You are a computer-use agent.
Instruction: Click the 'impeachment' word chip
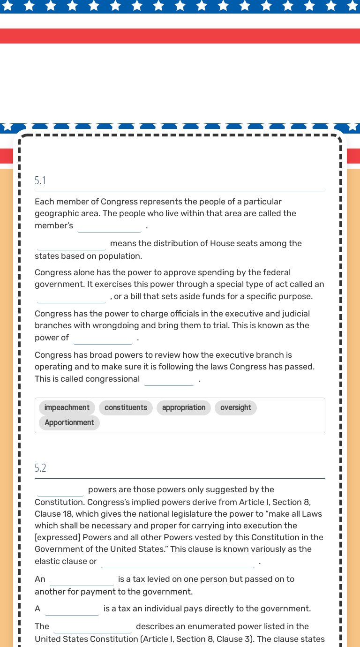[x=67, y=408]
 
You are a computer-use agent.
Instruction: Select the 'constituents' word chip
[x=126, y=408]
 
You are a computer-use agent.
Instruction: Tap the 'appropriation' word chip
[x=184, y=408]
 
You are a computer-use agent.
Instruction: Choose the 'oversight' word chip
[x=235, y=408]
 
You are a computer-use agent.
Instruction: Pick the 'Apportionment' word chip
[x=69, y=423]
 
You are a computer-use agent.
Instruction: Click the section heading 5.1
[x=40, y=181]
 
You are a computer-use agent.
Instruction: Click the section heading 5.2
[x=40, y=468]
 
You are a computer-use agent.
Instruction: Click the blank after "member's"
[x=110, y=226]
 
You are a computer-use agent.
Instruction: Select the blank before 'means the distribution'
[x=72, y=244]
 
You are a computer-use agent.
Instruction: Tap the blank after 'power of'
[x=103, y=339]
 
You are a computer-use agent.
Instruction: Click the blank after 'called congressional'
[x=169, y=380]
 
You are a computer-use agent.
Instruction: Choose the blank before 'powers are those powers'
[x=60, y=490]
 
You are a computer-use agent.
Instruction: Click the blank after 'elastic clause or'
[x=178, y=562]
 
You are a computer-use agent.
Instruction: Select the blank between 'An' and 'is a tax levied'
[x=82, y=580]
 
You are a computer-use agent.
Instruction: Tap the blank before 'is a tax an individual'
[x=72, y=609]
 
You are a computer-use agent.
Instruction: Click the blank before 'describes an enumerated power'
[x=92, y=627]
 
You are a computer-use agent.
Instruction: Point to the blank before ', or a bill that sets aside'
[x=72, y=297]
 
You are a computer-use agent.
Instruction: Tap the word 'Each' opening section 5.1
[x=44, y=202]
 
